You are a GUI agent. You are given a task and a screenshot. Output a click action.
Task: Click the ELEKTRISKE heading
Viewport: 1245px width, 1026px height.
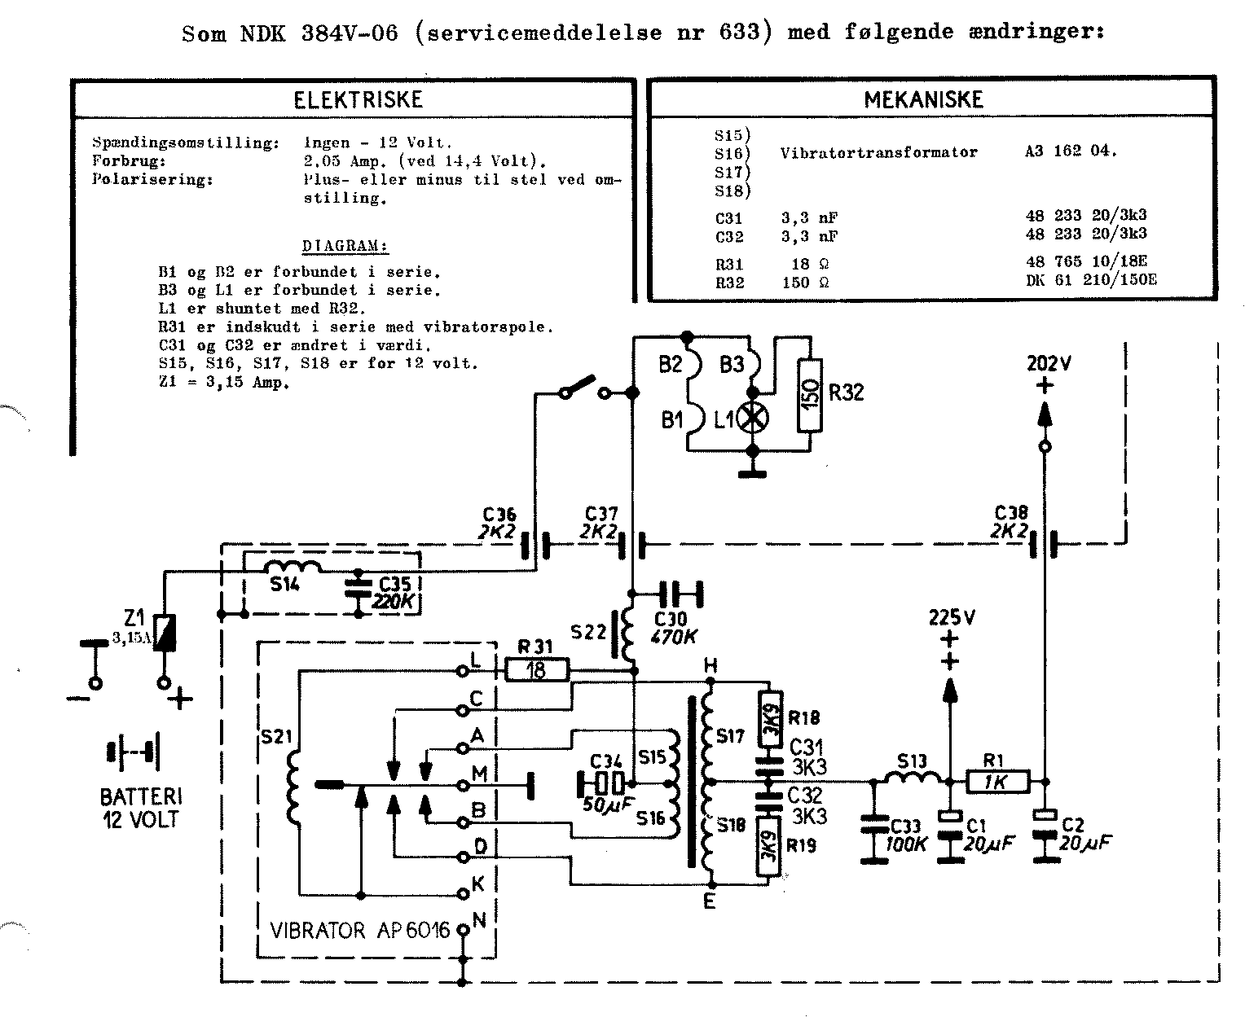[358, 99]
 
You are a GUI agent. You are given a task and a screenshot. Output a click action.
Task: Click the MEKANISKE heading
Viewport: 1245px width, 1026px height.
[923, 99]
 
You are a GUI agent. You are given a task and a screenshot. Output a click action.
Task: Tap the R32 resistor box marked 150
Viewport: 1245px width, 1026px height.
[809, 395]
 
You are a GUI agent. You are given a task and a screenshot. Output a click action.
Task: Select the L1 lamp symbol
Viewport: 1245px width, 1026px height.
[752, 419]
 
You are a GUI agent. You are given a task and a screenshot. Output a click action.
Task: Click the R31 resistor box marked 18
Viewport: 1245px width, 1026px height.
[536, 671]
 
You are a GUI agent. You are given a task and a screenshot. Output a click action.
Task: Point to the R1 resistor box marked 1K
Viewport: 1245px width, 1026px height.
[997, 781]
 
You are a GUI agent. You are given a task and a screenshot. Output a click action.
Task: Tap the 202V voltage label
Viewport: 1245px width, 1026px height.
[1048, 363]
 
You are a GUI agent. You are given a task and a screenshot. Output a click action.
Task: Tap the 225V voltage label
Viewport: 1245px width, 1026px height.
[952, 617]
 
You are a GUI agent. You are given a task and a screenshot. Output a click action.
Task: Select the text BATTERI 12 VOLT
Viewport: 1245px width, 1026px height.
[140, 807]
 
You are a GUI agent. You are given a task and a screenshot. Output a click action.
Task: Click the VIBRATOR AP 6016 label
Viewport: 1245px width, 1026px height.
[359, 930]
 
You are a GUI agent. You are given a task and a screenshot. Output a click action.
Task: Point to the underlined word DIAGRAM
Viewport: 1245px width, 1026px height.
[344, 246]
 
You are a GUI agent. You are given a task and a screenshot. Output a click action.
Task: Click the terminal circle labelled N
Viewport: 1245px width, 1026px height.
[463, 929]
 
